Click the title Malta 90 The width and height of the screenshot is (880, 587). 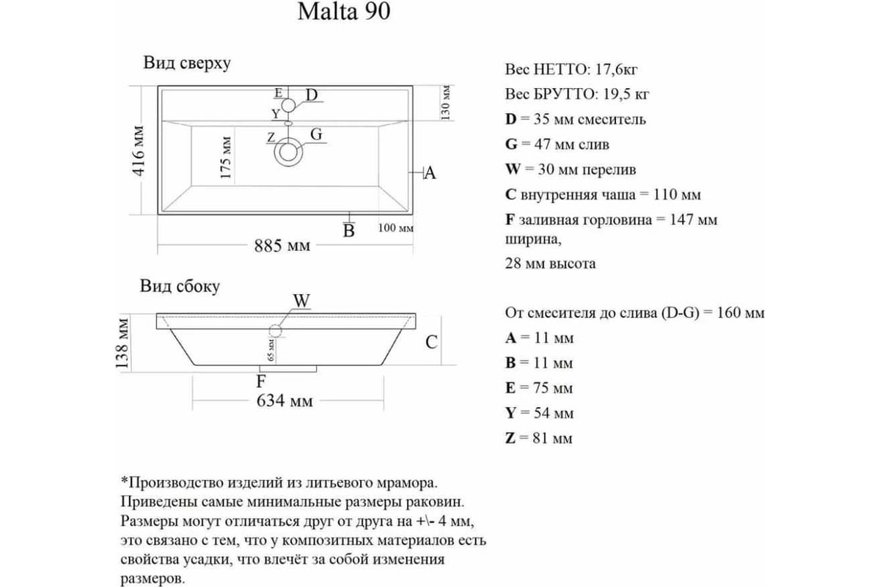(344, 12)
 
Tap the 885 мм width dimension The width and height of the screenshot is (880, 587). (282, 246)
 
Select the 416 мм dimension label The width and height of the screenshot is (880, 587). (139, 150)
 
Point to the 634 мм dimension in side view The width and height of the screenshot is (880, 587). (285, 401)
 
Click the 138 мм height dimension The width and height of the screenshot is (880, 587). (122, 343)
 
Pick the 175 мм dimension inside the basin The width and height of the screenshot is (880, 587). (226, 157)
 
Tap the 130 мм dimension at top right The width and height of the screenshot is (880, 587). (446, 103)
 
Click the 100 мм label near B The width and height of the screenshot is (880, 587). (395, 228)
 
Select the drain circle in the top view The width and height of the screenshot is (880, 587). (288, 152)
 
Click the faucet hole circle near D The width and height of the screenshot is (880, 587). (288, 106)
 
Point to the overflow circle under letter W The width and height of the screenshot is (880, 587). (276, 331)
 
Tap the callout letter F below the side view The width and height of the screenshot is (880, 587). (261, 381)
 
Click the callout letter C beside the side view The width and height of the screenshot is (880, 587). (431, 342)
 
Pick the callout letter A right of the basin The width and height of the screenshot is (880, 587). (430, 173)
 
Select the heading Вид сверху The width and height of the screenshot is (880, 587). (187, 64)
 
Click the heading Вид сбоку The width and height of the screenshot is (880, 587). (180, 286)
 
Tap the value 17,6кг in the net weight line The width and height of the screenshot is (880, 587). (617, 70)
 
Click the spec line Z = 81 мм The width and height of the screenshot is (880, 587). (538, 438)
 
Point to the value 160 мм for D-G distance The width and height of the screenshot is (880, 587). (741, 313)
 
